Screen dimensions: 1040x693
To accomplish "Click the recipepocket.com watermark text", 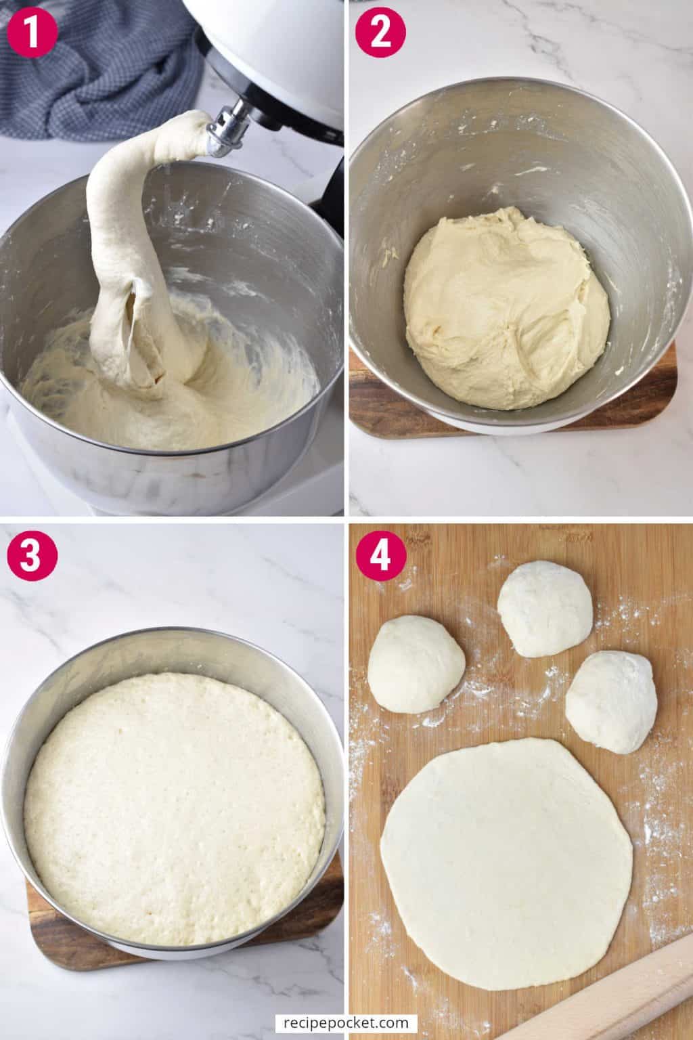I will (x=346, y=1022).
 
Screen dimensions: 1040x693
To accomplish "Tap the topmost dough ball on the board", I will (x=545, y=608).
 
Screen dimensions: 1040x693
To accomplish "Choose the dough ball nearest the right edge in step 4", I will (x=612, y=701).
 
